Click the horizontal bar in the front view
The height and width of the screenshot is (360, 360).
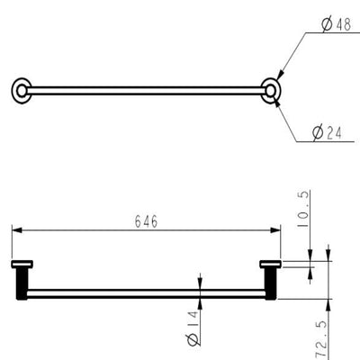(144, 292)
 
